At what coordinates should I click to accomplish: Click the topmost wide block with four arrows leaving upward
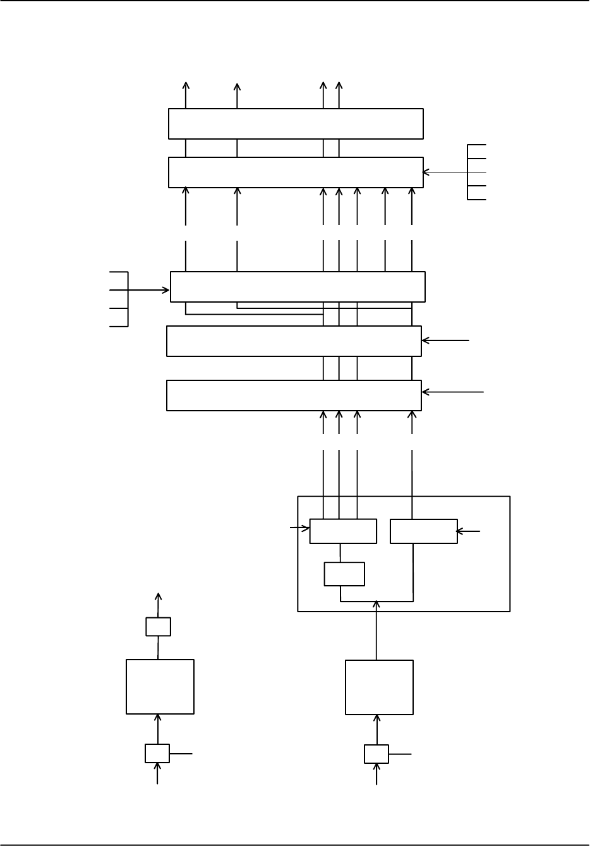[x=295, y=123]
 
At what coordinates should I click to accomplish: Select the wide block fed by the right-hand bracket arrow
[x=295, y=172]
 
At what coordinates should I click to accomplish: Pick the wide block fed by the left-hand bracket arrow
[x=298, y=287]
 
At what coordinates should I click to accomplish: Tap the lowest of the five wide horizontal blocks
[x=294, y=395]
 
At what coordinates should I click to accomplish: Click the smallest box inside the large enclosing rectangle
[x=344, y=574]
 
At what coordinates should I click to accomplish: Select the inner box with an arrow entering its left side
[x=343, y=531]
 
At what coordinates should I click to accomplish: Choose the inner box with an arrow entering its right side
[x=424, y=531]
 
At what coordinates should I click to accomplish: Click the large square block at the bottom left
[x=160, y=687]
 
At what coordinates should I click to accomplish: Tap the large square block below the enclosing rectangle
[x=379, y=687]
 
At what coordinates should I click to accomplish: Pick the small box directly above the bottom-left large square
[x=158, y=626]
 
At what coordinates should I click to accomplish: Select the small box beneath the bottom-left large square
[x=157, y=753]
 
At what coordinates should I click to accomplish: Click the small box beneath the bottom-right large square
[x=376, y=754]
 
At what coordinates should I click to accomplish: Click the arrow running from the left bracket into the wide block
[x=149, y=290]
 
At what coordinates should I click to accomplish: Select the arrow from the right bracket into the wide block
[x=445, y=171]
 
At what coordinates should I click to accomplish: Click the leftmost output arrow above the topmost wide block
[x=186, y=95]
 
